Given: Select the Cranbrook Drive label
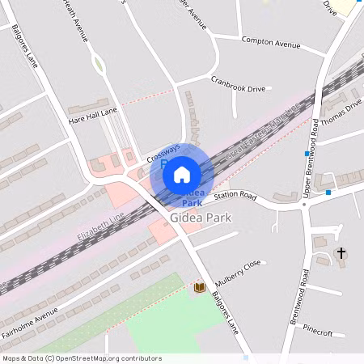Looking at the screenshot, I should coord(238,83).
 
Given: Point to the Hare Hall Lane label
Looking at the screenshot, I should coord(93,116).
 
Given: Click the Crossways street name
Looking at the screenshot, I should coord(163,149).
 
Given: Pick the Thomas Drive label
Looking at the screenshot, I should coord(341,115).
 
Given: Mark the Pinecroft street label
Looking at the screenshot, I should coord(318,332).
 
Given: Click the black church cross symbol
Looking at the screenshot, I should coord(341,254).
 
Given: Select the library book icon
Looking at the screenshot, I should coord(199,287).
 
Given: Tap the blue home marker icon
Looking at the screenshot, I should coord(182,174).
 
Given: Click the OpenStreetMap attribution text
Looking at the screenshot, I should coord(81,358).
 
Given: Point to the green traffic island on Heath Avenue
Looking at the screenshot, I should coord(98,63).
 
